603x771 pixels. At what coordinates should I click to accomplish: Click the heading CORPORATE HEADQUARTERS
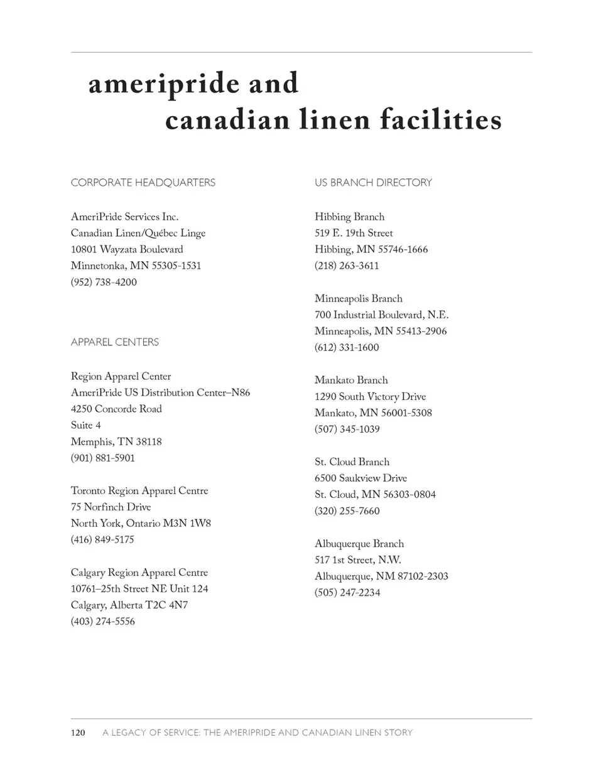(x=143, y=183)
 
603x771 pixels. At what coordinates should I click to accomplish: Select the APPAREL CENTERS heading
(x=115, y=342)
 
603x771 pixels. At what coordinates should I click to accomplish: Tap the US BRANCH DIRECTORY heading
(x=373, y=183)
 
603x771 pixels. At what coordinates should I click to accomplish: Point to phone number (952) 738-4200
(x=104, y=282)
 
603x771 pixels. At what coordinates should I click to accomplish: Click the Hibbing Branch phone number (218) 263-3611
(x=347, y=266)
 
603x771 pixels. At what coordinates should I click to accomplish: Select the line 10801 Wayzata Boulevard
(x=127, y=249)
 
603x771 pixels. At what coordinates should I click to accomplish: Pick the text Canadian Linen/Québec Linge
(x=138, y=233)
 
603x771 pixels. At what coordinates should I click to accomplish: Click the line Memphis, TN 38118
(x=116, y=441)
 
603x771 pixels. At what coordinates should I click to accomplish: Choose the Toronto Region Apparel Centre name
(x=139, y=490)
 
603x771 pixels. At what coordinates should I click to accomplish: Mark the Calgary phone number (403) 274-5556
(x=103, y=622)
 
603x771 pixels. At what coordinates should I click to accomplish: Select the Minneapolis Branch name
(x=359, y=298)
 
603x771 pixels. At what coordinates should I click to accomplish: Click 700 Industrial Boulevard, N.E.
(x=381, y=315)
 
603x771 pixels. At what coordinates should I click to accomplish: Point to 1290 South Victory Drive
(x=370, y=397)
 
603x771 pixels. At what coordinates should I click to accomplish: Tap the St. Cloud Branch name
(x=352, y=462)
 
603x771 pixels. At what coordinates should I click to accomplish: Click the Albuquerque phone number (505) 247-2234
(x=347, y=593)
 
